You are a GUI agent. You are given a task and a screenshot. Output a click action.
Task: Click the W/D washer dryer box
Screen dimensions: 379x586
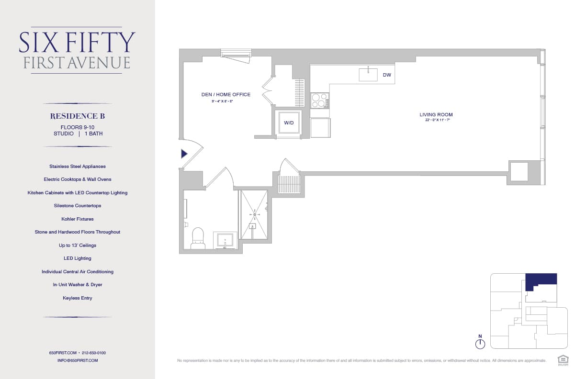pyautogui.click(x=289, y=123)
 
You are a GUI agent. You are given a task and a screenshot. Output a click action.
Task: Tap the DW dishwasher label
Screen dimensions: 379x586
pyautogui.click(x=387, y=75)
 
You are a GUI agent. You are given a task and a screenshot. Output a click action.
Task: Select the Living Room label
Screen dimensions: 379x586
pyautogui.click(x=436, y=115)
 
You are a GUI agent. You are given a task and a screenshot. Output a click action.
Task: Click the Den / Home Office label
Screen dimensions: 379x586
pyautogui.click(x=225, y=95)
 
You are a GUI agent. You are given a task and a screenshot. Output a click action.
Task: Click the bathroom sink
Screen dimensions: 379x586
pyautogui.click(x=225, y=240)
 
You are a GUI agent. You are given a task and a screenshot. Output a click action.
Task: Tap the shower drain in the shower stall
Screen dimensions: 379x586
pyautogui.click(x=255, y=215)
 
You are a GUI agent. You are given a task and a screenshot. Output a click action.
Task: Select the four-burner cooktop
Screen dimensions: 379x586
pyautogui.click(x=319, y=100)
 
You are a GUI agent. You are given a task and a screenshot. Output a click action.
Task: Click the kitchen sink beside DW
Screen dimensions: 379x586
pyautogui.click(x=368, y=75)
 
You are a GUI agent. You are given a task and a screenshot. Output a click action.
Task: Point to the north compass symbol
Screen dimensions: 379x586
pyautogui.click(x=480, y=343)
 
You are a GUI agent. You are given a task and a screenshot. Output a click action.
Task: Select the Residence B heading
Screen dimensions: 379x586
pyautogui.click(x=78, y=116)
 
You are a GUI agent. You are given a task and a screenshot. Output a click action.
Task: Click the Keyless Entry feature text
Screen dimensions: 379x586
pyautogui.click(x=78, y=298)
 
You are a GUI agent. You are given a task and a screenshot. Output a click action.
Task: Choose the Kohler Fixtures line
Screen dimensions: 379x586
pyautogui.click(x=78, y=219)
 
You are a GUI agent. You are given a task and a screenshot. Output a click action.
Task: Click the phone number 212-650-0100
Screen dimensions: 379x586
pyautogui.click(x=94, y=353)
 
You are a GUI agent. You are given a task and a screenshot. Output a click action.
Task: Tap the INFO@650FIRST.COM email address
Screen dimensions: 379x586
pyautogui.click(x=78, y=360)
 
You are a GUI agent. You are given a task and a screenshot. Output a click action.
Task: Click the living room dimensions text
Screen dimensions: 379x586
pyautogui.click(x=436, y=120)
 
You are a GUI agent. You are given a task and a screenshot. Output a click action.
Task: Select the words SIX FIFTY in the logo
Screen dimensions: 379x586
pyautogui.click(x=77, y=43)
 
